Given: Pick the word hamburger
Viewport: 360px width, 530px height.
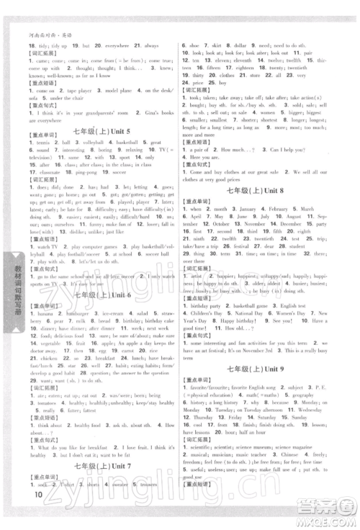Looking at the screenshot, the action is tap(78, 315).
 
